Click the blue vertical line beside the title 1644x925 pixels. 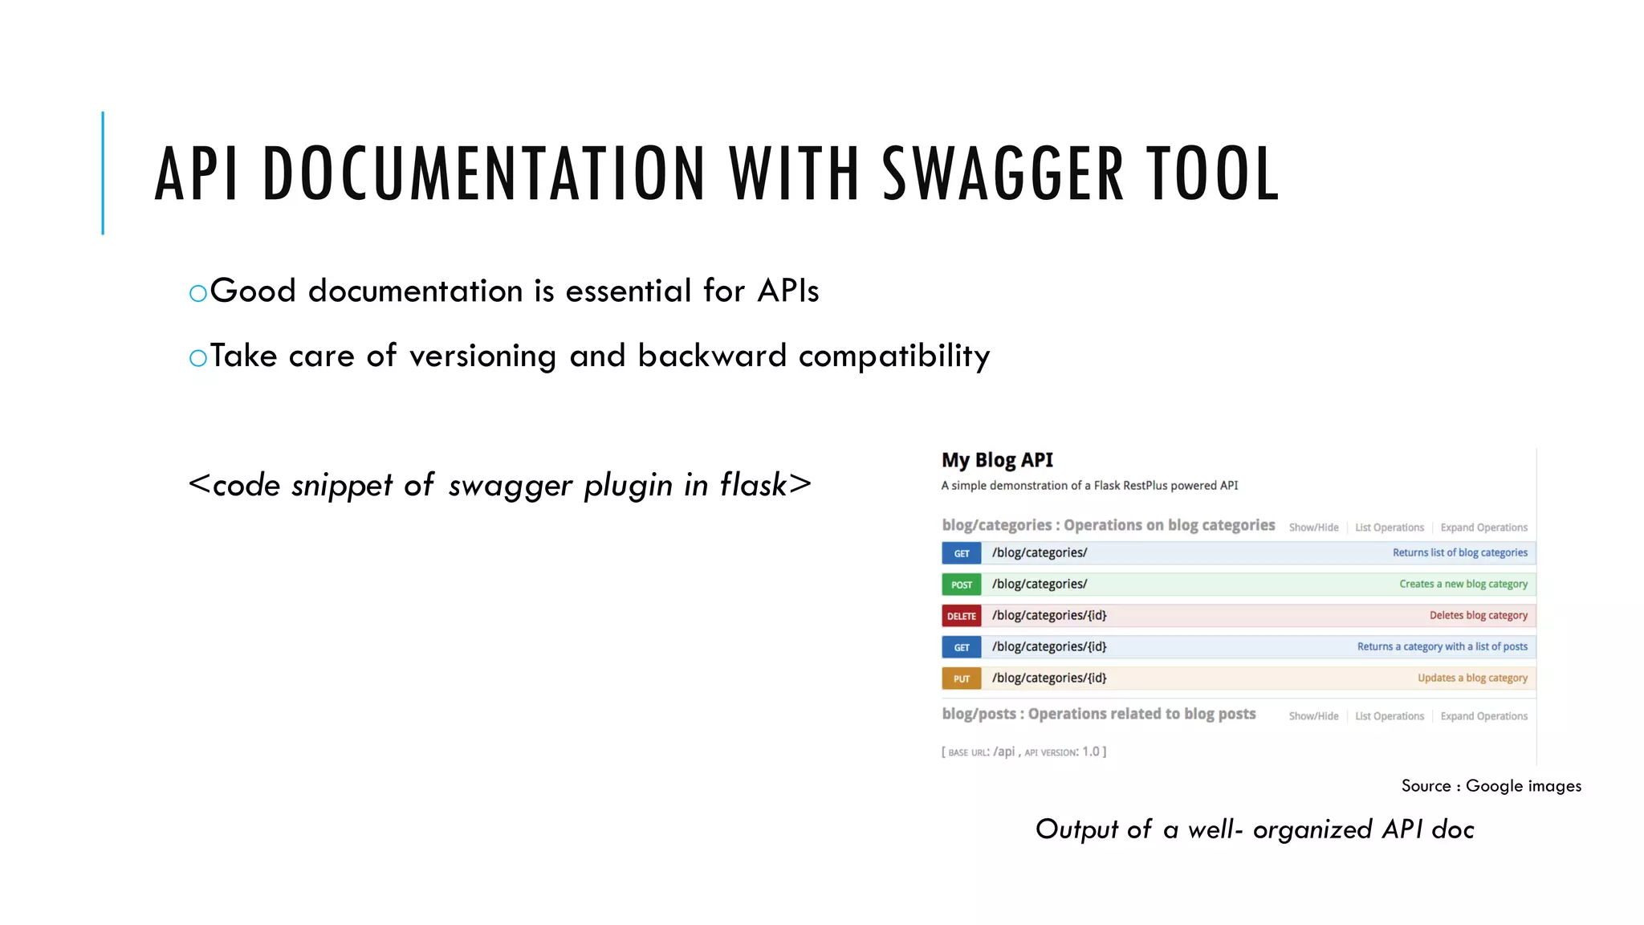click(x=103, y=173)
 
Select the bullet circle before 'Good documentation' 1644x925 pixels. click(x=198, y=294)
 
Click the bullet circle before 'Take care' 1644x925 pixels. click(x=198, y=358)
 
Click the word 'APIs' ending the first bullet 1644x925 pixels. click(x=787, y=291)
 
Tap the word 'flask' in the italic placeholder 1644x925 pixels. click(x=753, y=485)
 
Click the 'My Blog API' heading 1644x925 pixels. click(x=997, y=460)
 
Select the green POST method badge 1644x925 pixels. click(x=961, y=585)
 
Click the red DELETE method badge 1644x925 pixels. click(x=961, y=616)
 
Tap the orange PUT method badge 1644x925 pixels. click(x=961, y=678)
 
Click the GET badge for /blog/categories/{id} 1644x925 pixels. click(x=961, y=647)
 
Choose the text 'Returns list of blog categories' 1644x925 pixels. click(x=1459, y=552)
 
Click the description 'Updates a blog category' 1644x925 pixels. click(x=1472, y=678)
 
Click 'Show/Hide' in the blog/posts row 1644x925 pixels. click(x=1313, y=716)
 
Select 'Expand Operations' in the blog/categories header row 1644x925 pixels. click(x=1483, y=528)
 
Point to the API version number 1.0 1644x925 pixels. click(x=1090, y=752)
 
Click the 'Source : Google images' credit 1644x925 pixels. click(x=1491, y=786)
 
